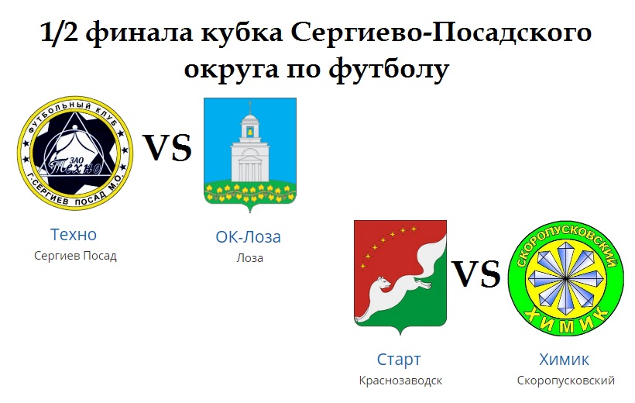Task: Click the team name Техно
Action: click(74, 234)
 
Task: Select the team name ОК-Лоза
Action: click(249, 237)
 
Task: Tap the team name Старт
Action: click(399, 360)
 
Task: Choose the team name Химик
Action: click(564, 360)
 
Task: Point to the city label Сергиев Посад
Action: click(75, 256)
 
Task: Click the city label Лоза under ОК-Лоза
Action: click(250, 258)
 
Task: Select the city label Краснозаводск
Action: click(400, 381)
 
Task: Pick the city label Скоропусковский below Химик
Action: click(566, 381)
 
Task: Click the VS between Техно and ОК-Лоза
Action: click(168, 147)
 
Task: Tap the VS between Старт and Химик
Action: click(476, 274)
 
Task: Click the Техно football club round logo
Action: click(75, 153)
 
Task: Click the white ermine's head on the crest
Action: click(383, 283)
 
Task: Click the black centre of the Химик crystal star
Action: click(566, 278)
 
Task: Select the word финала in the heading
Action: click(139, 33)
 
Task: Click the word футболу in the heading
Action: click(389, 69)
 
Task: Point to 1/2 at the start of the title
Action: click(59, 33)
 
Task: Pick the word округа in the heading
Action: click(232, 70)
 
